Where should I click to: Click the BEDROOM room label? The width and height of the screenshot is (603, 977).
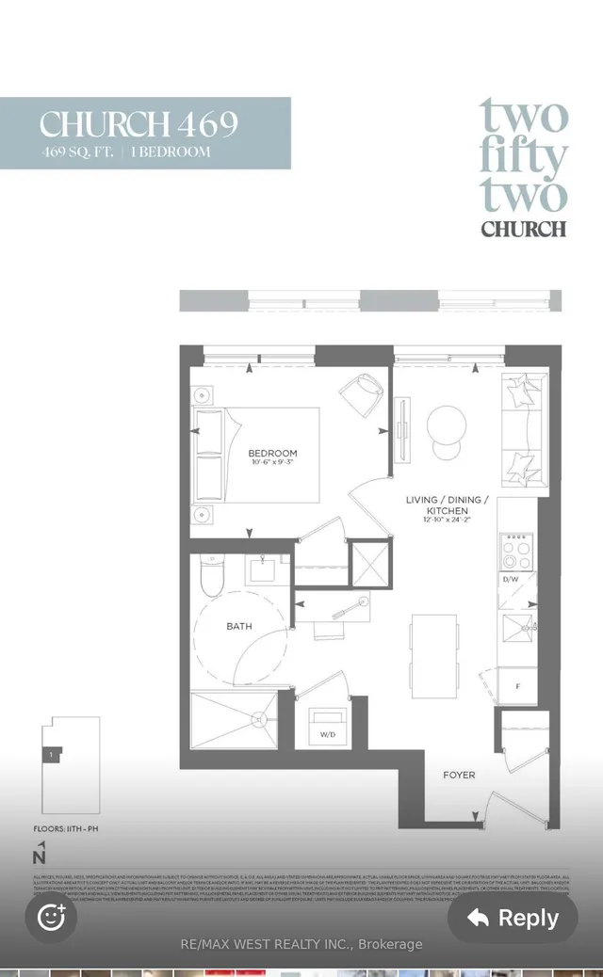[x=272, y=453]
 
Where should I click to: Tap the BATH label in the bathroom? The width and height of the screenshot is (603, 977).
[x=239, y=626]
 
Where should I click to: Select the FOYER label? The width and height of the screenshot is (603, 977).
[x=459, y=775]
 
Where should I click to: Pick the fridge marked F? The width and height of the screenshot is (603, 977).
[x=517, y=685]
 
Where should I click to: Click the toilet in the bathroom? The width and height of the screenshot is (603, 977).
[x=212, y=577]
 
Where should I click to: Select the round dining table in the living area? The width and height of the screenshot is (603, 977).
[x=447, y=425]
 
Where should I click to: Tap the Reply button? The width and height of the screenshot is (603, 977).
[x=512, y=918]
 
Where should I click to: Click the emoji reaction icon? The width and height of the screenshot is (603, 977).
[x=51, y=917]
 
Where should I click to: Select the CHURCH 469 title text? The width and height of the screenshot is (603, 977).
[x=139, y=124]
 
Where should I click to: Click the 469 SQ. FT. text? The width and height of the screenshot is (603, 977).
[x=78, y=152]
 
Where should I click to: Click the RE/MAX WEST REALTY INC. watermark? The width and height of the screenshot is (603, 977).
[x=301, y=944]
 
